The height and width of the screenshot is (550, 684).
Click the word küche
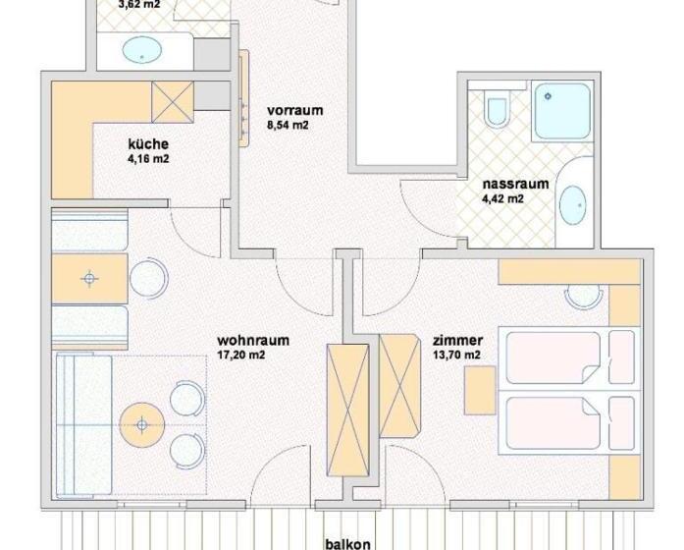click(x=134, y=143)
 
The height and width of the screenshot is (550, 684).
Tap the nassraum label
click(x=507, y=184)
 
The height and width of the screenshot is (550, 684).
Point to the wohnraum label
click(x=252, y=341)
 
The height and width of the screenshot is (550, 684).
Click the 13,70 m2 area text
click(x=456, y=355)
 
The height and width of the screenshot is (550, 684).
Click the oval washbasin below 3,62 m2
click(x=143, y=50)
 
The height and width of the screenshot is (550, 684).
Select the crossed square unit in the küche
click(x=173, y=101)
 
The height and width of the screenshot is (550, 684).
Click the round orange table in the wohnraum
click(x=142, y=424)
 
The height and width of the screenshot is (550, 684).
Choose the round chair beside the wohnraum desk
click(x=149, y=279)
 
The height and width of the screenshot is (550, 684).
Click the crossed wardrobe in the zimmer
click(x=399, y=386)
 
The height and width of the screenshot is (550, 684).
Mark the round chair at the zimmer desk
click(x=585, y=294)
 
